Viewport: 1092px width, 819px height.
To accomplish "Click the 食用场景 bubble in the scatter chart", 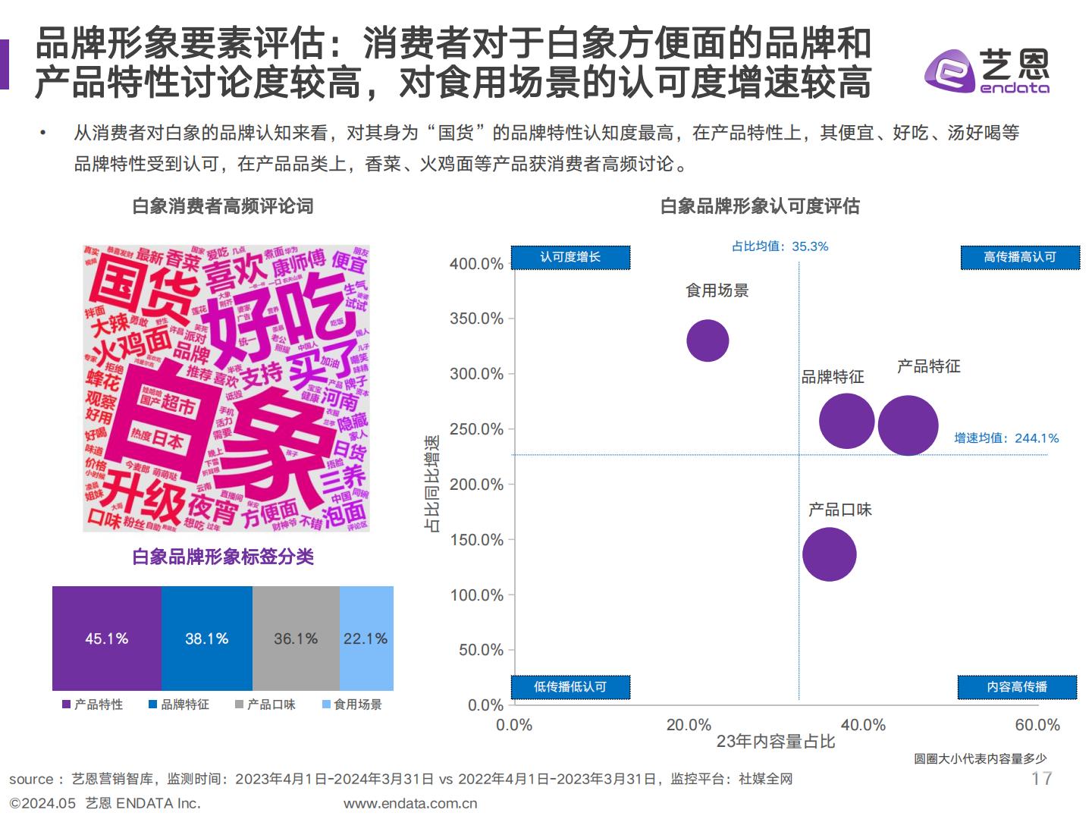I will click(708, 340).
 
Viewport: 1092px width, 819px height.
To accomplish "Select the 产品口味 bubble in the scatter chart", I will click(829, 554).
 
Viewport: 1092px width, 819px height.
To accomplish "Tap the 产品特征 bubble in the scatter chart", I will click(908, 425).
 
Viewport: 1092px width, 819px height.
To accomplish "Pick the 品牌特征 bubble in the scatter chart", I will click(846, 421).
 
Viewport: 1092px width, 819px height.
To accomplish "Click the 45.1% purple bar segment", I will click(106, 639).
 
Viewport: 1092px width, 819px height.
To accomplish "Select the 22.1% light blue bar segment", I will click(366, 639).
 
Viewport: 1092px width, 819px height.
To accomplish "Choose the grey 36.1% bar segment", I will click(296, 639).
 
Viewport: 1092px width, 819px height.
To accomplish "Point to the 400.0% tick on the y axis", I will click(476, 264).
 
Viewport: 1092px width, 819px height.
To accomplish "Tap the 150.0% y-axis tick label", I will click(476, 540).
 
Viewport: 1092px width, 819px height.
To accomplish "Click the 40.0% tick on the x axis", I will click(863, 725).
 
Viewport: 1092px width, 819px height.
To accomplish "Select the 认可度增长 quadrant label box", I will click(570, 257).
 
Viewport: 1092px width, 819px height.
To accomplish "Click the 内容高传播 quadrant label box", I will click(1017, 686).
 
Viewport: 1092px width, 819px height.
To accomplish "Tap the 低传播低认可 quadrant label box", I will click(570, 686).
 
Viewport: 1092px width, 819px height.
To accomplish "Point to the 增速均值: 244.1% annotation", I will click(1006, 438).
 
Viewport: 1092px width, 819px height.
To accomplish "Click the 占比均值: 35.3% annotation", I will click(780, 246).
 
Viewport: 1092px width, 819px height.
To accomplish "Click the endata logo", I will click(987, 71).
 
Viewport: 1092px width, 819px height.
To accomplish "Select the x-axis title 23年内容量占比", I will click(775, 742).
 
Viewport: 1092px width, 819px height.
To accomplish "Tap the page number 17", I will click(1041, 779).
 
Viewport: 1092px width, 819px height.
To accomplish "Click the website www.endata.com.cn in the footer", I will click(410, 803).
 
